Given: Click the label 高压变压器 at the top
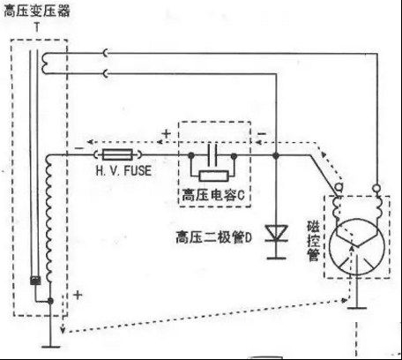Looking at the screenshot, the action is click(x=37, y=11).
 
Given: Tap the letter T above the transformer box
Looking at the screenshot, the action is click(x=37, y=27).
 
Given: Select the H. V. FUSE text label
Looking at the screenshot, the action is click(x=123, y=170).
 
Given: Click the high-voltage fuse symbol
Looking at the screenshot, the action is click(x=117, y=154).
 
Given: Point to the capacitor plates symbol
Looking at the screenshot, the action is click(x=212, y=155).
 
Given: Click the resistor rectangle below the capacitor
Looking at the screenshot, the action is click(x=213, y=176).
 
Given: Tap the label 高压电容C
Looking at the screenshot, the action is click(x=213, y=195).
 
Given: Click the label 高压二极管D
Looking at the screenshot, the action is click(x=214, y=237).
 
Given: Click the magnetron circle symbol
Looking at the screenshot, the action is click(x=357, y=246).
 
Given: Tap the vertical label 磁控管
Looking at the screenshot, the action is click(x=313, y=241).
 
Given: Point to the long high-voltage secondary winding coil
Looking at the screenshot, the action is click(x=48, y=218).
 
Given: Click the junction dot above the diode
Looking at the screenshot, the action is click(x=276, y=155).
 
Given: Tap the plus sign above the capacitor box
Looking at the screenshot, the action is click(x=167, y=134).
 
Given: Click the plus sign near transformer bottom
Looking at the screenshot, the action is click(x=78, y=295).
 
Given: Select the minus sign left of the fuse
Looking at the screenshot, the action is click(x=79, y=148).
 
